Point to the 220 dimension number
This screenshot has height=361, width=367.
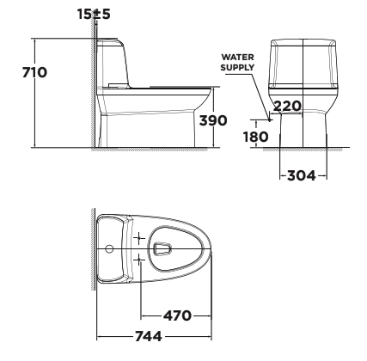[x=287, y=107]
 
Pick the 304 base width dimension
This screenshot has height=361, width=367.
[x=298, y=176]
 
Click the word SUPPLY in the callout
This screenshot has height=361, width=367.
[x=236, y=67]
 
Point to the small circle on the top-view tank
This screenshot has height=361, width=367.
[x=110, y=248]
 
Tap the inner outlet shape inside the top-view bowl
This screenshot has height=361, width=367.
[x=163, y=248]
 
